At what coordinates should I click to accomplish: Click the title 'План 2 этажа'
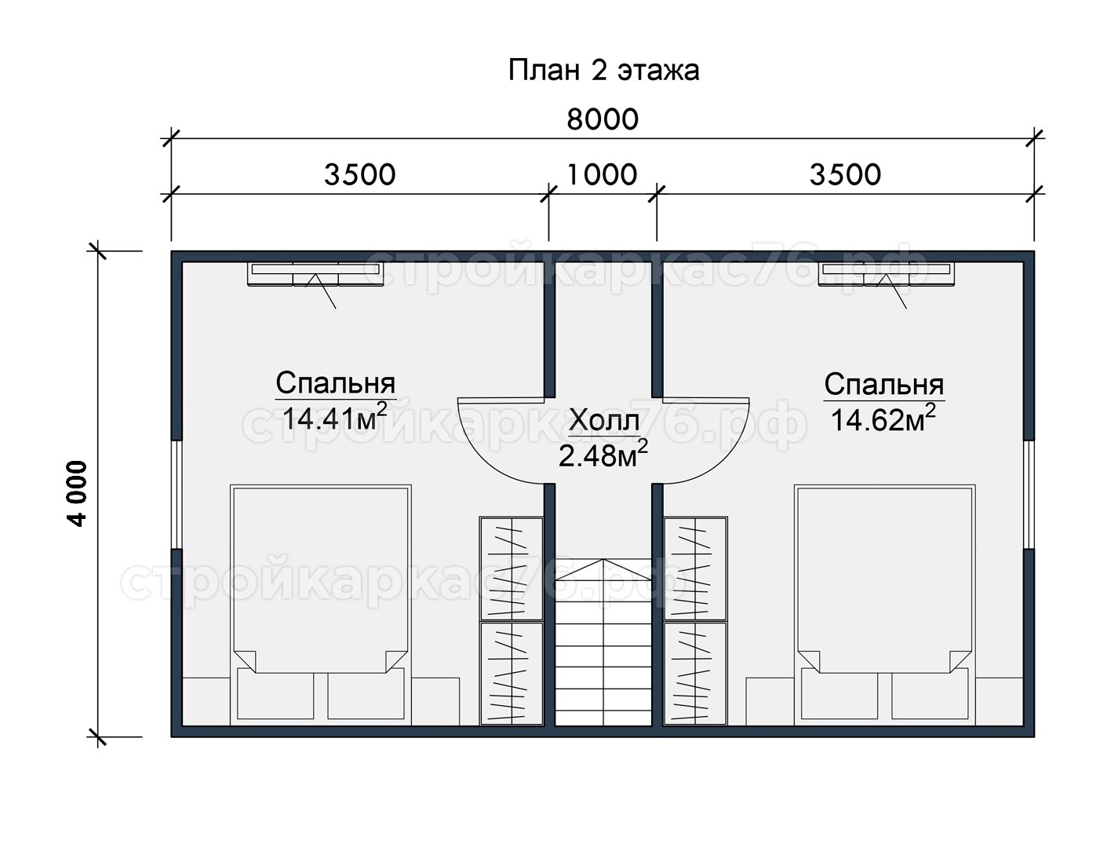(603, 71)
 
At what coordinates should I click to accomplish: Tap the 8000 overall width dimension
(603, 120)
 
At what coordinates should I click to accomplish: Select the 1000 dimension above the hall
(602, 175)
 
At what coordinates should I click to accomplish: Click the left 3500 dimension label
(359, 175)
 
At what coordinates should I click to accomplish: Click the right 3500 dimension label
(845, 175)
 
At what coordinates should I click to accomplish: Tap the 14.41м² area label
(334, 418)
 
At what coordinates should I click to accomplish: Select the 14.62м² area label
(883, 419)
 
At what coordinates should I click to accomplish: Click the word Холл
(604, 422)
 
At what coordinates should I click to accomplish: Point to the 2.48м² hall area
(603, 455)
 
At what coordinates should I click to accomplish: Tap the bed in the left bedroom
(320, 605)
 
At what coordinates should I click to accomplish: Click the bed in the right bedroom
(885, 605)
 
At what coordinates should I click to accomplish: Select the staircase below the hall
(603, 642)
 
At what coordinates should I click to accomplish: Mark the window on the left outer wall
(177, 495)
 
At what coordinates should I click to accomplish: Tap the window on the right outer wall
(1029, 495)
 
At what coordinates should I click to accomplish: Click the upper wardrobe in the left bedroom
(512, 568)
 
